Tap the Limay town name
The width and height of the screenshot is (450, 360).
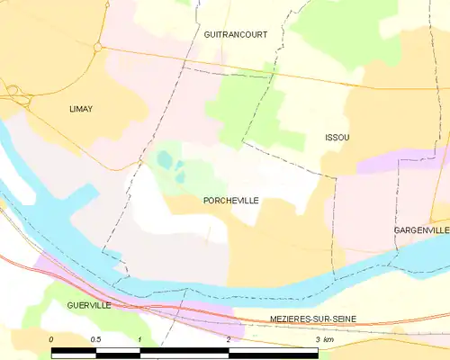[x=82, y=109]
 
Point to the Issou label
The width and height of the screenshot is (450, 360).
[x=337, y=138]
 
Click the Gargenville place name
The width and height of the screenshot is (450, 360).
[x=421, y=230]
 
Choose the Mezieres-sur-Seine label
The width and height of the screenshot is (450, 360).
[x=314, y=319]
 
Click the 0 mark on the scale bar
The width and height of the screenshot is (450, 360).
[x=51, y=338]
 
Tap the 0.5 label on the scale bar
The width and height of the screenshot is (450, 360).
[x=95, y=338]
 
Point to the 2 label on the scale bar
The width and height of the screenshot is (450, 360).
[x=229, y=338]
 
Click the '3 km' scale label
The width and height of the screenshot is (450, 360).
[x=324, y=338]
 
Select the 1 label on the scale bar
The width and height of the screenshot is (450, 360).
[x=140, y=338]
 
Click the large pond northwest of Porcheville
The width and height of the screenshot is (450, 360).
[x=165, y=160]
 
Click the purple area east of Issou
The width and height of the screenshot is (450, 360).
[x=396, y=162]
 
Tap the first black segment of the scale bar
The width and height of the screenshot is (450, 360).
[x=73, y=349]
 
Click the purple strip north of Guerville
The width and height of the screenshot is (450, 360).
[x=54, y=268]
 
